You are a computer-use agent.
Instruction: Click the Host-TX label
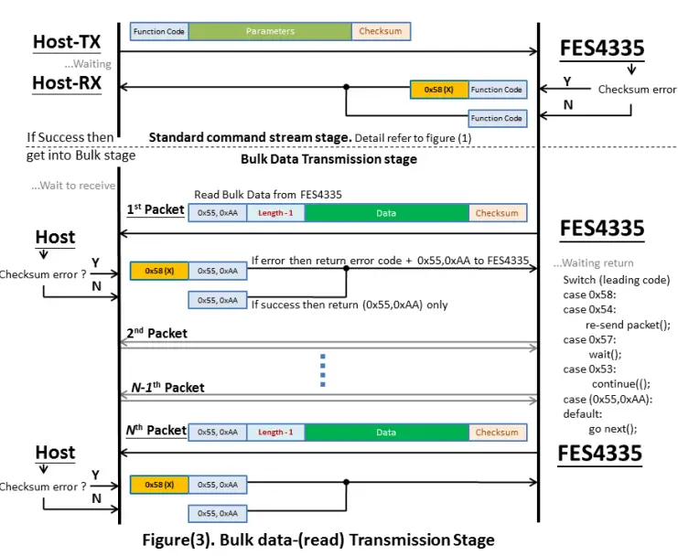(x=67, y=42)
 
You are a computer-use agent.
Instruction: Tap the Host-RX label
(x=67, y=83)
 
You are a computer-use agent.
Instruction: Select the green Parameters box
(x=270, y=31)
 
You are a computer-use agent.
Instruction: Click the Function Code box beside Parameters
(x=159, y=31)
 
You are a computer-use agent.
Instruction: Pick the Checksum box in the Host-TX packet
(x=381, y=31)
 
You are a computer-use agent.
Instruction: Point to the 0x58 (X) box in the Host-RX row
(x=439, y=90)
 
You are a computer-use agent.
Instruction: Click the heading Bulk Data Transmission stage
(x=328, y=159)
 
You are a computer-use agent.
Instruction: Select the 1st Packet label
(x=155, y=209)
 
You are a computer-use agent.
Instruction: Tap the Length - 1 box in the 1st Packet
(x=275, y=213)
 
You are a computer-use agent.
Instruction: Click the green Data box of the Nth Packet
(x=386, y=433)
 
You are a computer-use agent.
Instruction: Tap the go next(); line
(x=612, y=427)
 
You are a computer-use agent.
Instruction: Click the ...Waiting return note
(x=593, y=263)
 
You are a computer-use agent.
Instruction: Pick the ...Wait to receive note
(x=73, y=186)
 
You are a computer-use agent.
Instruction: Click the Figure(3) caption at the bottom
(x=317, y=540)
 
